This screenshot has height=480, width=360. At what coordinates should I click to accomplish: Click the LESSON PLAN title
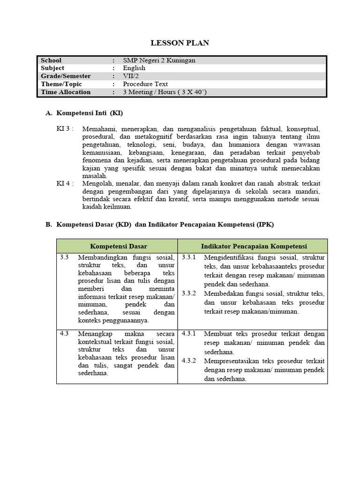tap(180, 43)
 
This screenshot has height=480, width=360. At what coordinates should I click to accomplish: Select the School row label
tap(51, 60)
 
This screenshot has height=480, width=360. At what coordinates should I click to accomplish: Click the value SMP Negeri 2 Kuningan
tap(159, 60)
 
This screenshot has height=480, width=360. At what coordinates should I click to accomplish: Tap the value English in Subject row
tap(134, 68)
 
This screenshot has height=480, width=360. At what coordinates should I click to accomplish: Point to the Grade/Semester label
tap(66, 76)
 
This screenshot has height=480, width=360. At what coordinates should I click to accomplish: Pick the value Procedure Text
tap(145, 84)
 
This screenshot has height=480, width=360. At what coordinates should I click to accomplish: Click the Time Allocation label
tap(66, 92)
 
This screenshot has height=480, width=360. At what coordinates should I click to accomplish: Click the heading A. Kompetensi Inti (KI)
tap(84, 113)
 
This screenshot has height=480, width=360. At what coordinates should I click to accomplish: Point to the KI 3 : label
tap(65, 128)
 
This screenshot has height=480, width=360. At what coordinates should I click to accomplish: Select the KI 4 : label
tap(65, 183)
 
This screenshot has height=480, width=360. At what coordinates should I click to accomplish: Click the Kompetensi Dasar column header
tap(119, 246)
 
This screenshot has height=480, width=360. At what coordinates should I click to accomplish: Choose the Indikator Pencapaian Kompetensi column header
tap(254, 246)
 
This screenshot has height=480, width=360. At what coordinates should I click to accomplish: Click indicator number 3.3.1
tap(189, 258)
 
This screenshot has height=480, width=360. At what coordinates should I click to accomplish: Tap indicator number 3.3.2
tap(189, 293)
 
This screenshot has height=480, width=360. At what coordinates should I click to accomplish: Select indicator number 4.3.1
tap(189, 334)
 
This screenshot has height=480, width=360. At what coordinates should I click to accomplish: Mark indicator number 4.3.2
tap(189, 361)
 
